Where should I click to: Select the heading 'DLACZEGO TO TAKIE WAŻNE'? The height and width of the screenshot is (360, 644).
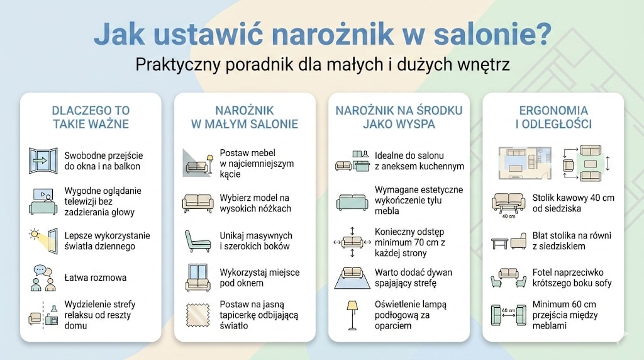point(91,117)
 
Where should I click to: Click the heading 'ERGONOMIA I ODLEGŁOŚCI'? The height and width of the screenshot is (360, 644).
point(553,117)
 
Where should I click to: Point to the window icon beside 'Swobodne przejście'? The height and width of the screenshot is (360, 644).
point(43,160)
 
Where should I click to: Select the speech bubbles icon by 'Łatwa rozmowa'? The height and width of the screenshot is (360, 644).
point(43,278)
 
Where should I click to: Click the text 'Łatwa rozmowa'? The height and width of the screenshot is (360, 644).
point(95,278)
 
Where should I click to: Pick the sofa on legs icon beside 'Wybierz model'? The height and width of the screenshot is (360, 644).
point(197,203)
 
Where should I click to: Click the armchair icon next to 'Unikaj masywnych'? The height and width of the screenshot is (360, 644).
point(197,240)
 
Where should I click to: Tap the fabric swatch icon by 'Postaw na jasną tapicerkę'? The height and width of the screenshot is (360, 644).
point(197,315)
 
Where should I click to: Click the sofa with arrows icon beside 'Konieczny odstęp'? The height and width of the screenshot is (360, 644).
point(352,241)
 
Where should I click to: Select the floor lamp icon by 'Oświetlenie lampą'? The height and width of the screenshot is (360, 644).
point(352,314)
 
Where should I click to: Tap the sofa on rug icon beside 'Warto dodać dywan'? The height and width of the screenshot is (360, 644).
point(352,278)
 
